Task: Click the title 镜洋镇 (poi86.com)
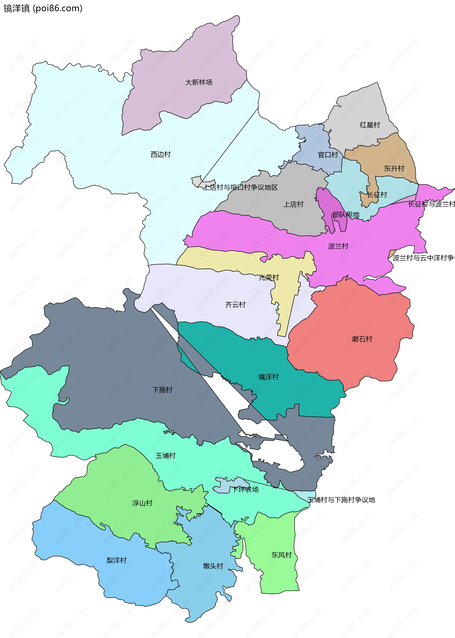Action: (43, 8)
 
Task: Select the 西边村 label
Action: (160, 154)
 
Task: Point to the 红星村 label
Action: (370, 125)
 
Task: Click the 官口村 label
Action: (328, 155)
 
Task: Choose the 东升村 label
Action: (394, 168)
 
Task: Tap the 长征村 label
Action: (377, 195)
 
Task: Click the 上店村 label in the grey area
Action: (293, 204)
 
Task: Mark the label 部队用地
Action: (346, 215)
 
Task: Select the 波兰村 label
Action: (338, 246)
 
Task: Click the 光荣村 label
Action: (269, 277)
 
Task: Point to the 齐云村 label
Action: (235, 304)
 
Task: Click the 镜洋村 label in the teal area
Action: (268, 377)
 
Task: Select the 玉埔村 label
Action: (165, 456)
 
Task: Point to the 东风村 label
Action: (281, 555)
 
